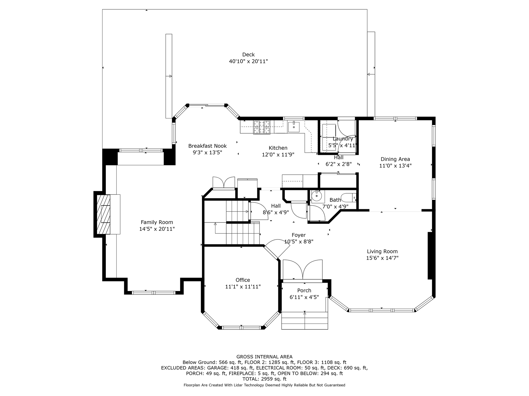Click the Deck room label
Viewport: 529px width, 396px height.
249,54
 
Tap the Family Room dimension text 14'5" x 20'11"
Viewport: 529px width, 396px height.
157,229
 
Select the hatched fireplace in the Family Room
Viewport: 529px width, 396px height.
103,214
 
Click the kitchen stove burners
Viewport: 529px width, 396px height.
262,127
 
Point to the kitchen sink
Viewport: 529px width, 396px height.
294,127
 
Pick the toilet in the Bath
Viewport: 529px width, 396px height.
348,198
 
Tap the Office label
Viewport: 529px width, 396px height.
243,280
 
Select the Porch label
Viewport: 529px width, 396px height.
304,290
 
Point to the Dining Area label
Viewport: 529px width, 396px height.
395,159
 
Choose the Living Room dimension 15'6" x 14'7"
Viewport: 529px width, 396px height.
382,258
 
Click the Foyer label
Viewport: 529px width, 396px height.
299,235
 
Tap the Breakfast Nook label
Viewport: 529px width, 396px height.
207,146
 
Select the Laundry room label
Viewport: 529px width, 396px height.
343,139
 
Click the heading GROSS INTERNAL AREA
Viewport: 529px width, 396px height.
264,357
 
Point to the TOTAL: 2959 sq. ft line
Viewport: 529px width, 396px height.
264,379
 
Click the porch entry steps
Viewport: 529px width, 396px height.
305,320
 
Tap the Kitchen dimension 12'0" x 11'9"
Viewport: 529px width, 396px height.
278,155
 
